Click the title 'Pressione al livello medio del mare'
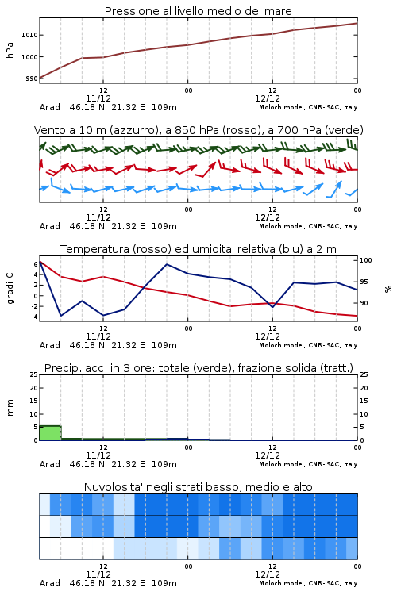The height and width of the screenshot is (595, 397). (x=198, y=11)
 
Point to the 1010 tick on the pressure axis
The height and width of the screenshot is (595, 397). (x=29, y=35)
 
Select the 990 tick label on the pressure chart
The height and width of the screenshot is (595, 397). (x=32, y=79)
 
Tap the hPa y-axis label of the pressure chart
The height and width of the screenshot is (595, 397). (x=10, y=50)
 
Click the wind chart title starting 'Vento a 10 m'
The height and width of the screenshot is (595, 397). (x=198, y=130)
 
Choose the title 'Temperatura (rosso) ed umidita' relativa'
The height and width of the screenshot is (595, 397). (x=198, y=249)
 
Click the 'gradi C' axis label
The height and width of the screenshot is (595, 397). (x=10, y=289)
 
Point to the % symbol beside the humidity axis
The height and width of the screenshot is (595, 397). (x=388, y=289)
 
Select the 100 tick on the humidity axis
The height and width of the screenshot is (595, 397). (x=365, y=260)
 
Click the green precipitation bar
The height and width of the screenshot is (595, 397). (x=50, y=433)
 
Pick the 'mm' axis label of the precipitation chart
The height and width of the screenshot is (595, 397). (x=10, y=408)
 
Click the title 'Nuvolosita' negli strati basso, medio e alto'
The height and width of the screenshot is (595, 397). (x=198, y=487)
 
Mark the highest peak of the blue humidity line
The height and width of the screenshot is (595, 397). (x=167, y=264)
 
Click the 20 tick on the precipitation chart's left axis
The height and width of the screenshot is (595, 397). (x=34, y=388)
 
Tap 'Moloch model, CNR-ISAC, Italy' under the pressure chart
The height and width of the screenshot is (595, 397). (x=308, y=107)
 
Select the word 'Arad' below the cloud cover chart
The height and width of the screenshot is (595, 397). (x=50, y=583)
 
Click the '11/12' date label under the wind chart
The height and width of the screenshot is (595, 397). (x=98, y=218)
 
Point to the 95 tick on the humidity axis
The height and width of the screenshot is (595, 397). (x=364, y=282)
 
